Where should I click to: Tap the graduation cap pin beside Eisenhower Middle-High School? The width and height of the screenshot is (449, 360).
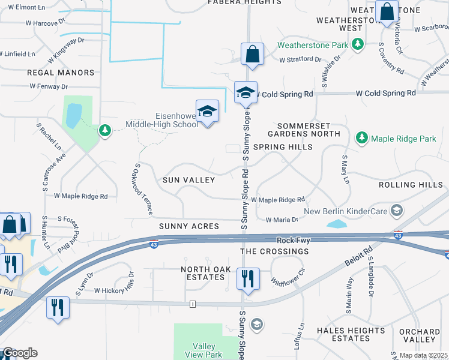coord(208,112)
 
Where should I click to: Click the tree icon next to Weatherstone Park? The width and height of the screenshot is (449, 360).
coord(358,45)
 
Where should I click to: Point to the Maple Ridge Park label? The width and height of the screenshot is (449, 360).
coord(403,139)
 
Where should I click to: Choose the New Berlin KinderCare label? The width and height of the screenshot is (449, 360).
coord(346,211)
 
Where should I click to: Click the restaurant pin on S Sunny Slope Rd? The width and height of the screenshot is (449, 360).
coord(247,279)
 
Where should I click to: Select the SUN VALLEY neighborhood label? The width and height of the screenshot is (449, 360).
coord(188,180)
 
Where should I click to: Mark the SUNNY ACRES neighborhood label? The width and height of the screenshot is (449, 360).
coord(188,226)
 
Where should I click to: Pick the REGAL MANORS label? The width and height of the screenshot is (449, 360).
coord(61,73)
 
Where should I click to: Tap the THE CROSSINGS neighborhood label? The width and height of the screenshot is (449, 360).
coord(274,251)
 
